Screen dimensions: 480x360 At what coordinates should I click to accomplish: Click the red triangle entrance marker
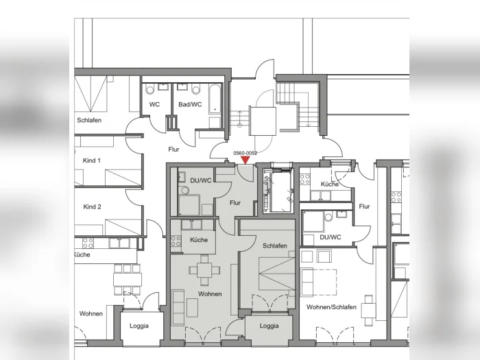tap(245, 160)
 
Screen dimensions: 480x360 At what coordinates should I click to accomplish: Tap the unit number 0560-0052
tap(245, 153)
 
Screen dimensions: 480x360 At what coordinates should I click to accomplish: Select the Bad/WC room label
tap(190, 105)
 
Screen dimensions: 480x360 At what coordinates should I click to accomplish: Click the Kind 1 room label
tap(91, 160)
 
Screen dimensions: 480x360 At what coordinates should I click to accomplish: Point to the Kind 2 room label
tap(92, 207)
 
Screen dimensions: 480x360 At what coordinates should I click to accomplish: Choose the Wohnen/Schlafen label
tap(331, 307)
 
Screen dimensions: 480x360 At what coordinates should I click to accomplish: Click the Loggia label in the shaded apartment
tap(269, 326)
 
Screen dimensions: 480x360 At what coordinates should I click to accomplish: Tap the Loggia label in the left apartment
tap(139, 326)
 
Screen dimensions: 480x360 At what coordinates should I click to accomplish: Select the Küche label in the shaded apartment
tap(199, 240)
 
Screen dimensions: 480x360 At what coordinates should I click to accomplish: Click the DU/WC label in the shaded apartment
tap(201, 180)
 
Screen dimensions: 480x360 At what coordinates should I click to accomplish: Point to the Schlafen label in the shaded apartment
tap(275, 245)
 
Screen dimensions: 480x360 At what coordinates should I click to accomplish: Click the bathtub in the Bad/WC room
tap(215, 99)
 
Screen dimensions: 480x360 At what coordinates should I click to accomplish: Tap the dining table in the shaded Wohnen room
tap(204, 270)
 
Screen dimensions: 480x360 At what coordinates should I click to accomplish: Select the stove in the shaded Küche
tap(176, 241)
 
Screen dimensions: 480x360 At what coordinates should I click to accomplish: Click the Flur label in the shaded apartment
tap(235, 203)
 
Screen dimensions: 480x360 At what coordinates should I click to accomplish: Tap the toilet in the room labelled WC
tap(149, 89)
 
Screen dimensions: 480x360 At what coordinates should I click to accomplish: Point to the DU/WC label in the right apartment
tap(331, 237)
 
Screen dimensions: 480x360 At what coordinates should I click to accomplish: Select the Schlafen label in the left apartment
tap(89, 120)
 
